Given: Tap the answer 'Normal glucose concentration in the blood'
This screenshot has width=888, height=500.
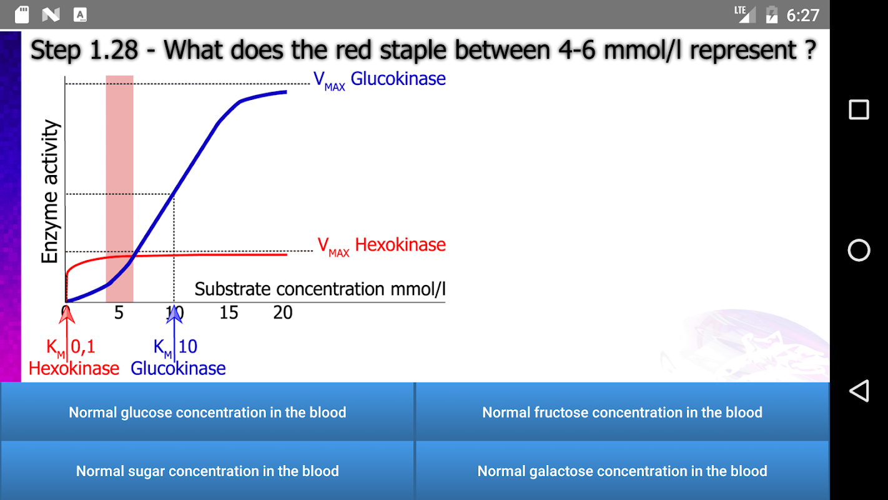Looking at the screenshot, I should [x=207, y=412].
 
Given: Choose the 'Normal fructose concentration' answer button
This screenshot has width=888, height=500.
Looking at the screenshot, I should [x=622, y=412].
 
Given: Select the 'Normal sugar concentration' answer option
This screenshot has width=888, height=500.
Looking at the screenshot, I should [x=207, y=471].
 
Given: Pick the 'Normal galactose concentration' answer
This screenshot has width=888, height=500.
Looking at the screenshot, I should [x=622, y=471].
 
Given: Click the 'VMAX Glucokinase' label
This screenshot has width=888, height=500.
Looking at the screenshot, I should [x=380, y=80].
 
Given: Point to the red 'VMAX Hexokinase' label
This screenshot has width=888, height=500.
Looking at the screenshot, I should [x=382, y=246].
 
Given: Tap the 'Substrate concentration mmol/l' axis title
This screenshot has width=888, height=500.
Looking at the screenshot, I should [x=320, y=289].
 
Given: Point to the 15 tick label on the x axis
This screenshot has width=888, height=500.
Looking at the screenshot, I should [x=229, y=312].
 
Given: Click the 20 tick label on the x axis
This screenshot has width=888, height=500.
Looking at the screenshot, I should [x=283, y=312].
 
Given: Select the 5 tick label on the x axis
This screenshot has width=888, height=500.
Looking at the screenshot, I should [x=119, y=312].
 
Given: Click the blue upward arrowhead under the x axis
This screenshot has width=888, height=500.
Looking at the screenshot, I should [x=174, y=313].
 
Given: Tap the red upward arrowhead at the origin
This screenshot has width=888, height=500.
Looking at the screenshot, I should [x=67, y=313].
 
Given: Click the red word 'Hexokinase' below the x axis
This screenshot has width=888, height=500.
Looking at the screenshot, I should [x=74, y=369].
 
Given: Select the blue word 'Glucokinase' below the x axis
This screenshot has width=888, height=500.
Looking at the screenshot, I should [x=178, y=369].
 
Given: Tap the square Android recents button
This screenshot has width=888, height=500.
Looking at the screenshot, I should [x=859, y=110].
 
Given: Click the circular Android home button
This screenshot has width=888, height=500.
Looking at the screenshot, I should [x=859, y=250].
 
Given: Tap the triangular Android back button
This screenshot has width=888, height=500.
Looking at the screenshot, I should [x=859, y=391].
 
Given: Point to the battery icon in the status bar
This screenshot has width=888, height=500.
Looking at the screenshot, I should [x=772, y=14].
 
